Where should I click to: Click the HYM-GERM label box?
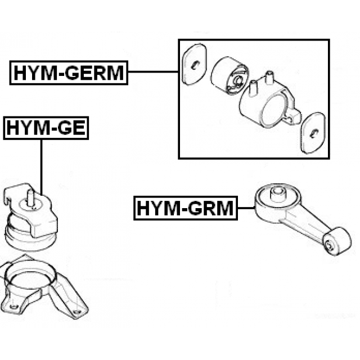click(x=69, y=73)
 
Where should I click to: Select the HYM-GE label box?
click(x=46, y=128)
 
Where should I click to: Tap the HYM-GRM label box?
click(x=186, y=208)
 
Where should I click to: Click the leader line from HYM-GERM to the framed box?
click(x=153, y=71)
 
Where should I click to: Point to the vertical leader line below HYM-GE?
click(x=41, y=168)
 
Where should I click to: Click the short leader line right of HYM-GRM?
click(x=246, y=208)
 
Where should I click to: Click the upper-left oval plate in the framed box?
click(x=195, y=64)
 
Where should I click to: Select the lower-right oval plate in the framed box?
click(x=313, y=133)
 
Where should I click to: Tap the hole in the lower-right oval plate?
click(x=313, y=134)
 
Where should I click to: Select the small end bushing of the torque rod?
click(x=336, y=241)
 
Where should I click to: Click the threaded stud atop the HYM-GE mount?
click(x=30, y=198)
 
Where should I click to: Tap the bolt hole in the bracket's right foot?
click(x=76, y=312)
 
